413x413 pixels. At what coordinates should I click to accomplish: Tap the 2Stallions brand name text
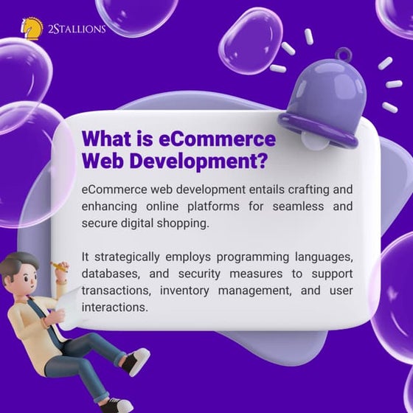point(76,29)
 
